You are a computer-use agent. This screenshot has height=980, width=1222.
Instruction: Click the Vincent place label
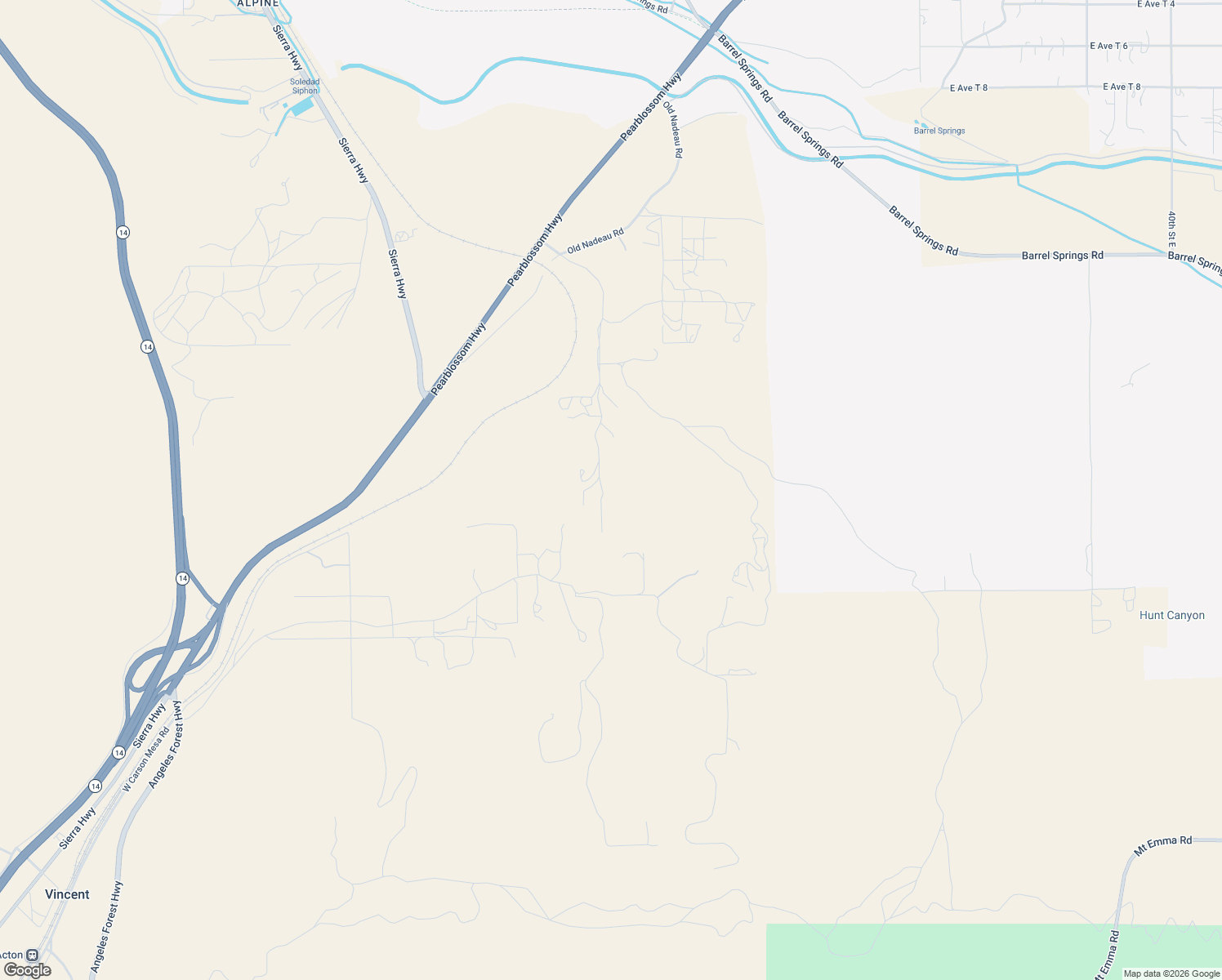67,894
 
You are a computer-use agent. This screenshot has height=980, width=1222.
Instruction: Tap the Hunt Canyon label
1171,616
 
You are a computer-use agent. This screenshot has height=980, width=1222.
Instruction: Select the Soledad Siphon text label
305,86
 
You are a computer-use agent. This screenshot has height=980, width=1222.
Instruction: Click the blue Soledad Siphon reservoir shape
302,106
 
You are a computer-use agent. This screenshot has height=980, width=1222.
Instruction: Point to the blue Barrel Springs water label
939,131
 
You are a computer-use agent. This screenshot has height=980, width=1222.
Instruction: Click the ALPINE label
258,4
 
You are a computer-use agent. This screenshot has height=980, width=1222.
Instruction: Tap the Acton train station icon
33,955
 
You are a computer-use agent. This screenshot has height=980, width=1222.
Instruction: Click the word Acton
11,955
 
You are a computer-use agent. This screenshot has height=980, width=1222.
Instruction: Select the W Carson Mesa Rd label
145,759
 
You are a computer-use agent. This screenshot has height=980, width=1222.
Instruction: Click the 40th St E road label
1171,230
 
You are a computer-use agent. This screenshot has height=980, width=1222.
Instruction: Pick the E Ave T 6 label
1108,46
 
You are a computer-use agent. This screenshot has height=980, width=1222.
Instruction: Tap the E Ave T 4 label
1156,4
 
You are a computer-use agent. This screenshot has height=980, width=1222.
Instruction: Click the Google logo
28,970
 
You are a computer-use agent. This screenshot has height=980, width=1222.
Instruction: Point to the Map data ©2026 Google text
1171,973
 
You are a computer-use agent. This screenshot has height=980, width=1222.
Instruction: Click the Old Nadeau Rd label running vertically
673,129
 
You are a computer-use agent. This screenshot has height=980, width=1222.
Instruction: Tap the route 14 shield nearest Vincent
96,786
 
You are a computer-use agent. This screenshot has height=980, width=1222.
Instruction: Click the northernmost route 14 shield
123,233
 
